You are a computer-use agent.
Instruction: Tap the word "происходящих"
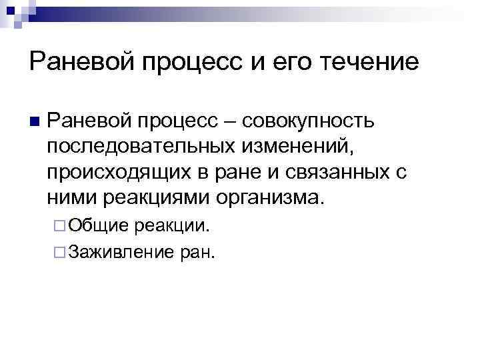(x=117, y=173)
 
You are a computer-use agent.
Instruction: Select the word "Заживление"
(x=116, y=251)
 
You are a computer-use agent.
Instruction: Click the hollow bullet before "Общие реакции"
(x=59, y=227)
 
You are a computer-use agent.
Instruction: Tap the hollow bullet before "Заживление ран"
(x=59, y=252)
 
